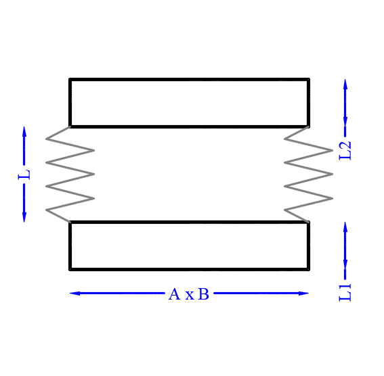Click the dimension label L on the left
(x=24, y=174)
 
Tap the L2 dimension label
(x=345, y=151)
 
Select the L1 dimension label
(x=345, y=293)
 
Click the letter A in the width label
(x=174, y=294)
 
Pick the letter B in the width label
(x=203, y=294)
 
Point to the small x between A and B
(x=190, y=296)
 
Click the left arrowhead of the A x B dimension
(x=75, y=293)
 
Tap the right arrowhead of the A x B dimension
(x=303, y=293)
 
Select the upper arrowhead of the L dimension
(x=24, y=131)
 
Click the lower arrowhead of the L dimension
(x=24, y=217)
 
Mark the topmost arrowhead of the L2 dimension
(x=345, y=84)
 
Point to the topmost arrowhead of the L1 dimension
(x=345, y=227)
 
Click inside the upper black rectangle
(x=189, y=103)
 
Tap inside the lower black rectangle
(x=189, y=245)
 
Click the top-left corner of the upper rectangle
(x=70, y=79)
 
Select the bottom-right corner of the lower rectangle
(x=309, y=270)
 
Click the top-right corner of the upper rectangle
(x=309, y=79)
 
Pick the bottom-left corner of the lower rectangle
(x=70, y=270)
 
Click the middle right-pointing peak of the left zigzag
(x=94, y=174)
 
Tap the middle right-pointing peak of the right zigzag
(x=333, y=174)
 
